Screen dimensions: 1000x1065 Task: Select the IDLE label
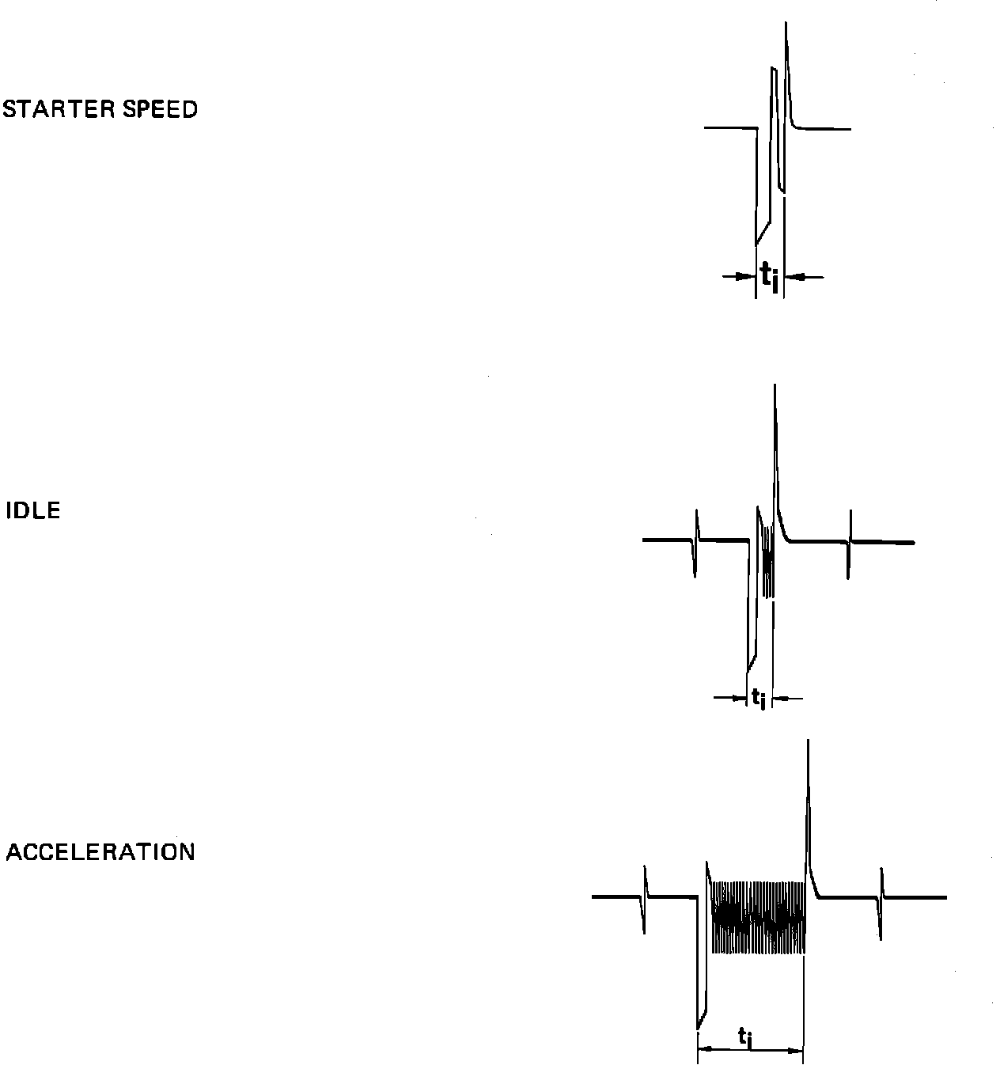pyautogui.click(x=33, y=511)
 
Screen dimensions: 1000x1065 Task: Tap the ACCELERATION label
pyautogui.click(x=100, y=852)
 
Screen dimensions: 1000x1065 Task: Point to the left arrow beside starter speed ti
pyautogui.click(x=739, y=276)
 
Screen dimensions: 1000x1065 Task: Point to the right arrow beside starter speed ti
pyautogui.click(x=804, y=276)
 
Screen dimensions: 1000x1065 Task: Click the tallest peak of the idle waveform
pyautogui.click(x=775, y=388)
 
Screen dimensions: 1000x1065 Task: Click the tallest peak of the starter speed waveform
pyautogui.click(x=786, y=25)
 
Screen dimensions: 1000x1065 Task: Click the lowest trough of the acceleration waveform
pyautogui.click(x=698, y=1027)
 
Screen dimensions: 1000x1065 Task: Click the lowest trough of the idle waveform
pyautogui.click(x=748, y=669)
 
